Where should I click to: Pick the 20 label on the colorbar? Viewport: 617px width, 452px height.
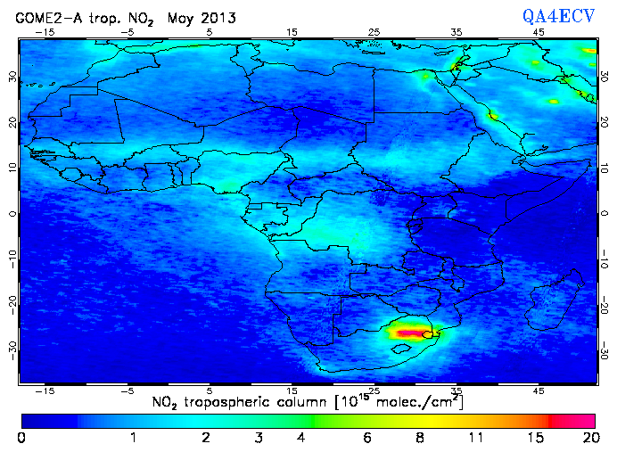pyautogui.click(x=588, y=438)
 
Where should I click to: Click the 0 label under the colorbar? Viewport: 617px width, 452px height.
pyautogui.click(x=21, y=438)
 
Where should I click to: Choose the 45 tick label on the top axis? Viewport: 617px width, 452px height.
pyautogui.click(x=539, y=31)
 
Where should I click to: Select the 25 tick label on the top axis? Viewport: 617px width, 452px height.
pyautogui.click(x=374, y=31)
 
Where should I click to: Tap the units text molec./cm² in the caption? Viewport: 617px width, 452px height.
pyautogui.click(x=420, y=403)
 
